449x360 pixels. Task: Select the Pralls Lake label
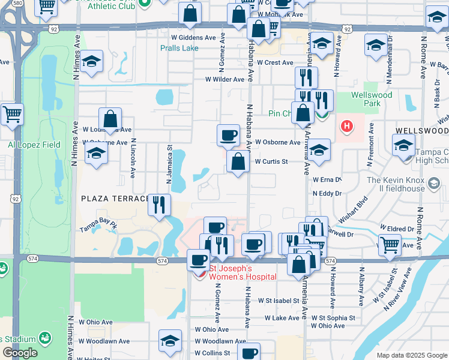point(179,48)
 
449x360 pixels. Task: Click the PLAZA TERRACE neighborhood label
point(114,198)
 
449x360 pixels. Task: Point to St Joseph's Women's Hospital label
point(242,272)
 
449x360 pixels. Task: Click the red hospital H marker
point(346,127)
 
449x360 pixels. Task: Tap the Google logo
point(20,353)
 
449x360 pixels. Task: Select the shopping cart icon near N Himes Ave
point(12,114)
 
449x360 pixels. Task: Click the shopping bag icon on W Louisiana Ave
point(110,119)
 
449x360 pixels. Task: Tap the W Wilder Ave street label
point(224,79)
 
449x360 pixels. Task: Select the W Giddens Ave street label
point(193,37)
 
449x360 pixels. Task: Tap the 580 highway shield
point(17,4)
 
